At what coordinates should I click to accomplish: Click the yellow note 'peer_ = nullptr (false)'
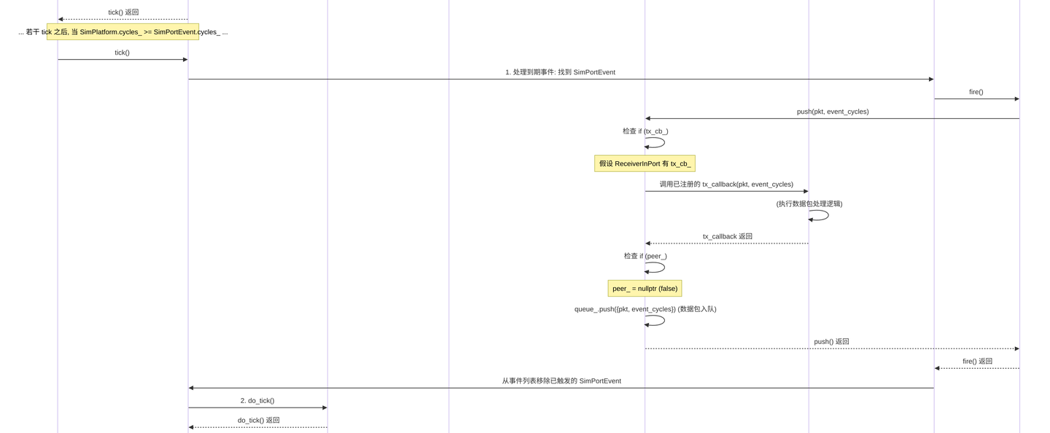click(645, 288)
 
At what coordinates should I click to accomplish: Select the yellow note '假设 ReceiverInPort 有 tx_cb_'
click(645, 163)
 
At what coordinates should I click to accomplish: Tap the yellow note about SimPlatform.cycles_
click(122, 32)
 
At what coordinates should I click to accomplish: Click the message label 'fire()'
click(976, 92)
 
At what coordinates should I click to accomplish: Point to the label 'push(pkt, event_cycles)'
click(833, 112)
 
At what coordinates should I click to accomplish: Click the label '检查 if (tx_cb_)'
click(645, 131)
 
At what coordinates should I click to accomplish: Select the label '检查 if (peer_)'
click(645, 256)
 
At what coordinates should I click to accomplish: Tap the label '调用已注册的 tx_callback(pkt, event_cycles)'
click(726, 184)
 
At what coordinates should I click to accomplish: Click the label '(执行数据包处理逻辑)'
click(809, 204)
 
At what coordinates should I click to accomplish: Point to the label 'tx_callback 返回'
click(728, 236)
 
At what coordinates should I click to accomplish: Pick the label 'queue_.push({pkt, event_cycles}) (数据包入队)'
click(645, 309)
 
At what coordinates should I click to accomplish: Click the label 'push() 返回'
click(831, 342)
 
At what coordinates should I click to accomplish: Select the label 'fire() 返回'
click(977, 362)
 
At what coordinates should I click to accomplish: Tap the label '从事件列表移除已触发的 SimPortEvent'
click(561, 381)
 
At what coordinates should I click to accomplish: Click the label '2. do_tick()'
click(257, 401)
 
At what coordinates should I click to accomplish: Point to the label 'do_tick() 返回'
click(259, 421)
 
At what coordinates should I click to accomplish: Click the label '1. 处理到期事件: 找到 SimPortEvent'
click(560, 72)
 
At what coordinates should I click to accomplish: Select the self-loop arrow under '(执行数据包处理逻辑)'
click(828, 216)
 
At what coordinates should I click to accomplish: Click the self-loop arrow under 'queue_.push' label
click(664, 321)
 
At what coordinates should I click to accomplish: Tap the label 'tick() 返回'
click(123, 12)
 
